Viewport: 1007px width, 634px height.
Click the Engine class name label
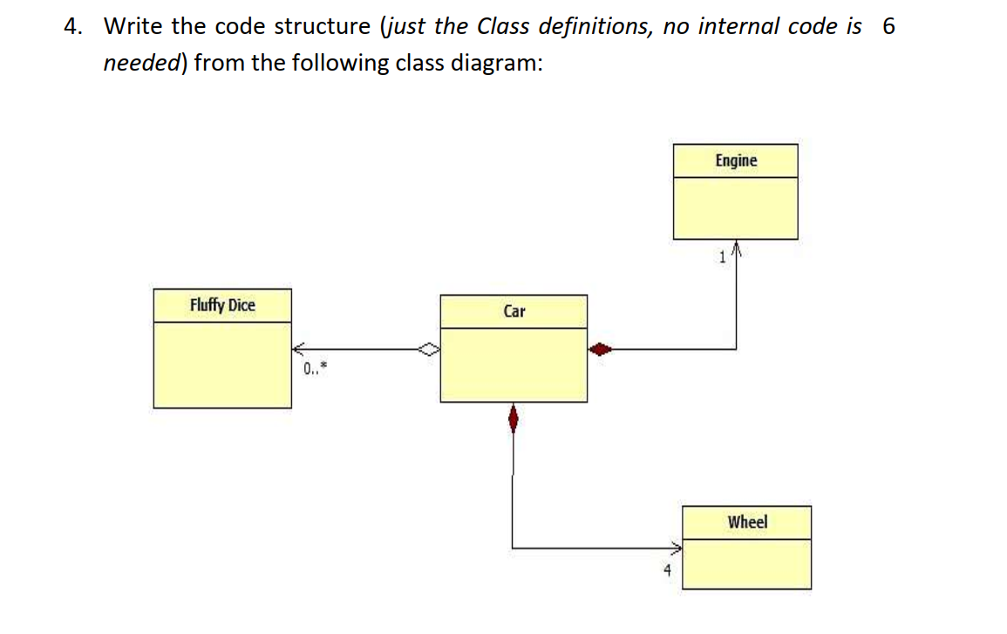point(736,160)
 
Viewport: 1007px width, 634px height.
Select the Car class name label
point(514,311)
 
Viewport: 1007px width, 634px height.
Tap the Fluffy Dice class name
point(222,305)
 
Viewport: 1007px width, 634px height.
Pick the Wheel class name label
point(747,522)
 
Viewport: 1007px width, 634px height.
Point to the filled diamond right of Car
point(600,350)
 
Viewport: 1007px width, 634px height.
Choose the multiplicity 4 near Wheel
point(667,571)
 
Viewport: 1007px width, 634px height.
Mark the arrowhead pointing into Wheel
point(676,549)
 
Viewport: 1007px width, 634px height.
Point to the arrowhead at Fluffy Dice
point(299,350)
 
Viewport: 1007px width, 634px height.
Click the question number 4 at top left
point(72,27)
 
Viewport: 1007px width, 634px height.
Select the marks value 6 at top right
point(888,27)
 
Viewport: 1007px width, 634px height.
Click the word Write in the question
point(135,27)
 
